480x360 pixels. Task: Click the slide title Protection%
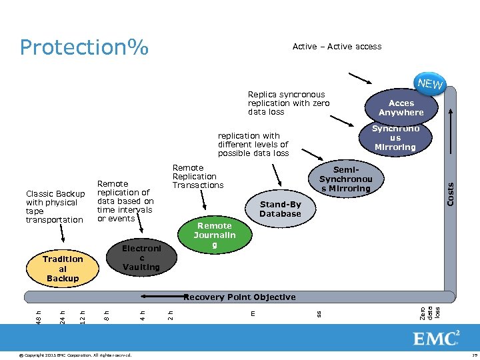point(84,47)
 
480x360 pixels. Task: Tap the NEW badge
point(429,84)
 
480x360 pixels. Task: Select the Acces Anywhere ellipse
point(401,108)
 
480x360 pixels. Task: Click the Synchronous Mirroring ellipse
point(395,138)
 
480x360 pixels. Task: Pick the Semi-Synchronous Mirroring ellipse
point(345,179)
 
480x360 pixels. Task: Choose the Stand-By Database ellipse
point(280,209)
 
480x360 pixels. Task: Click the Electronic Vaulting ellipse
point(141,257)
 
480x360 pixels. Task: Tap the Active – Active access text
point(337,47)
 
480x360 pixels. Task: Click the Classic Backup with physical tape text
point(55,207)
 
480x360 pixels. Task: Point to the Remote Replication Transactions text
point(198,177)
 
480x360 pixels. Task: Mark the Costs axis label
point(450,194)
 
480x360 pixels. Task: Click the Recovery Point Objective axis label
point(239,297)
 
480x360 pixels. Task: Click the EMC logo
point(436,338)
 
